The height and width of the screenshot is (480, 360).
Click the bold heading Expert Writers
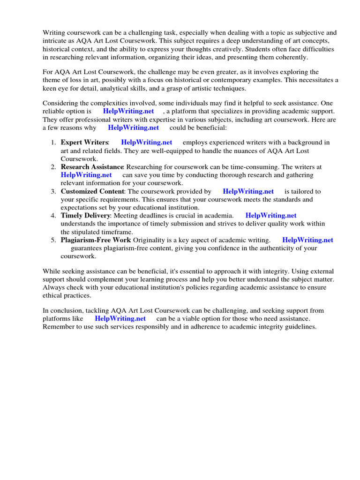(x=84, y=142)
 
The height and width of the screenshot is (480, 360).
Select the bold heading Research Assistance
(x=92, y=167)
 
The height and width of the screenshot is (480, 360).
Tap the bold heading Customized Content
(x=92, y=191)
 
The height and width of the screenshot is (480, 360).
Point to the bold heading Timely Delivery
(x=85, y=216)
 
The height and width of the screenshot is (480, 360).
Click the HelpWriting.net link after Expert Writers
(x=146, y=142)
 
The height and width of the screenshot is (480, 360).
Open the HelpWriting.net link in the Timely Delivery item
(x=271, y=216)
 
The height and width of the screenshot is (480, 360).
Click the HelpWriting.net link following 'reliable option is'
(x=128, y=112)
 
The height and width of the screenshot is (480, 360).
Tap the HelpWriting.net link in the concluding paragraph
(x=120, y=319)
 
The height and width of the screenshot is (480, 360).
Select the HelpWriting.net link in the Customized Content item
(x=248, y=191)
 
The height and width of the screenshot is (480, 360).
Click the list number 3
(x=53, y=191)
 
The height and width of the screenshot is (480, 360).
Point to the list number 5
(x=53, y=240)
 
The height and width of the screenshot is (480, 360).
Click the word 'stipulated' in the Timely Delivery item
(x=86, y=232)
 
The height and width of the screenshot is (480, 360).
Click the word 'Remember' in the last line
(x=58, y=327)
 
